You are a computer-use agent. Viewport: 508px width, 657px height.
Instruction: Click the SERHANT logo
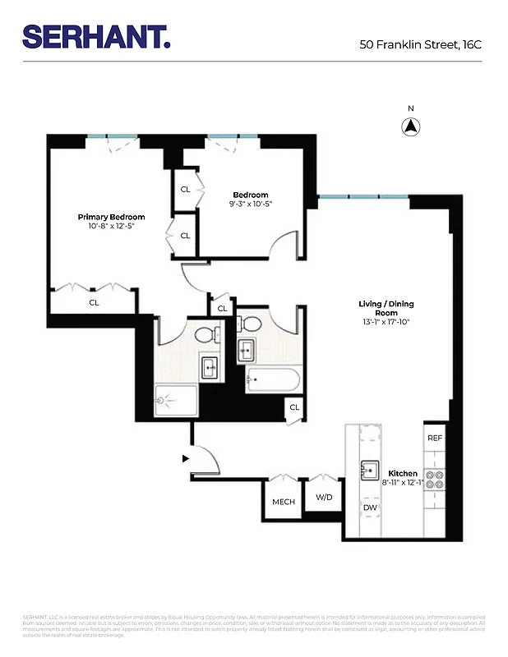point(96,37)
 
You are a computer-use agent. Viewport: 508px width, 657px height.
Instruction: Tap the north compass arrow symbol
point(411,126)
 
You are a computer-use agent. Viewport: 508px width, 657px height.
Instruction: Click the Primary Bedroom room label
point(111,217)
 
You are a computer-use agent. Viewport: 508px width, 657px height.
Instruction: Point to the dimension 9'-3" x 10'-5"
point(250,204)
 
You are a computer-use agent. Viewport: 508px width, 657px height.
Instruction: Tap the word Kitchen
point(403,474)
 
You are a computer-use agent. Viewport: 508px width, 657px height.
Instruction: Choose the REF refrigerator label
point(435,438)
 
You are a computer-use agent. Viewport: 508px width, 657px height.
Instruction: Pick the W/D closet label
point(324,498)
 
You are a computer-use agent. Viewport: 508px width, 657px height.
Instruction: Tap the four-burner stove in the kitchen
point(435,480)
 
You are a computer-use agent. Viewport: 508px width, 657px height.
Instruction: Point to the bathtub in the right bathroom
point(274,379)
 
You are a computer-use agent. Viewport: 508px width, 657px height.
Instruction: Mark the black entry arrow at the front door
point(186,458)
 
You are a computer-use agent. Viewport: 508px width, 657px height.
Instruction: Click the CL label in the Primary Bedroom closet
point(94,302)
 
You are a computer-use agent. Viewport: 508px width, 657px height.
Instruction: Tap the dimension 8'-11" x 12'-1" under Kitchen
point(403,485)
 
